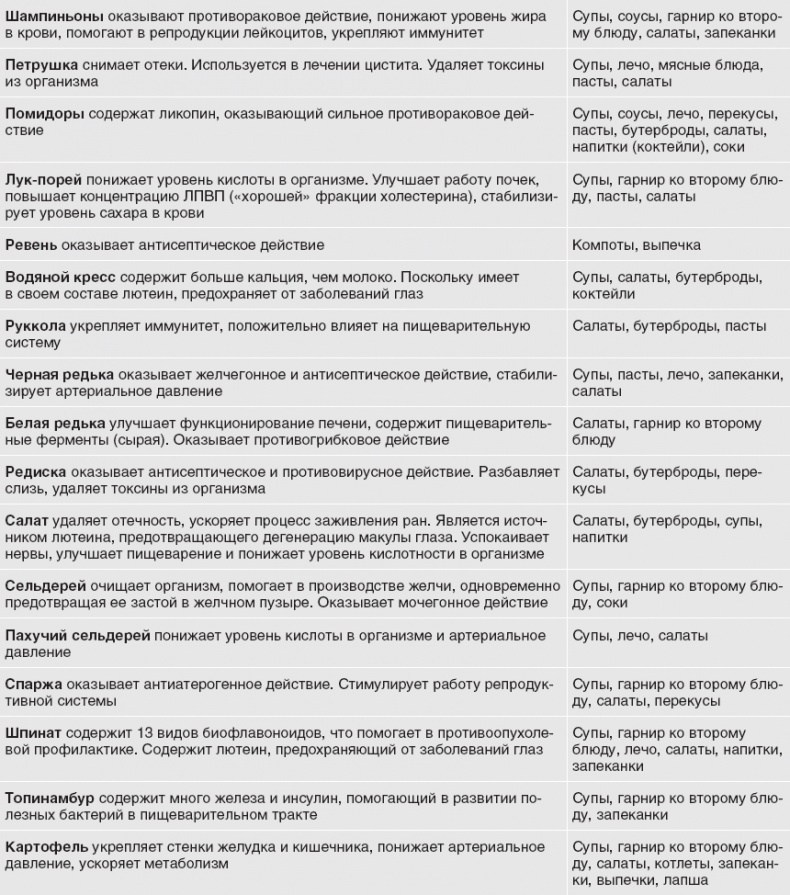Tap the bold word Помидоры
pyautogui.click(x=45, y=113)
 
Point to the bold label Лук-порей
pyautogui.click(x=43, y=179)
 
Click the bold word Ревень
pyautogui.click(x=32, y=245)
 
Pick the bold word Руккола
pyautogui.click(x=37, y=326)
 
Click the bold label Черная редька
pyautogui.click(x=59, y=374)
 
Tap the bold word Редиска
pyautogui.click(x=36, y=471)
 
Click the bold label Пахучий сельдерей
pyautogui.click(x=78, y=635)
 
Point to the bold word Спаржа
pyautogui.click(x=34, y=684)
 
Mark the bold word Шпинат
pyautogui.click(x=32, y=733)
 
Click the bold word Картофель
pyautogui.click(x=45, y=847)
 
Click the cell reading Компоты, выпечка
pyautogui.click(x=636, y=245)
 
